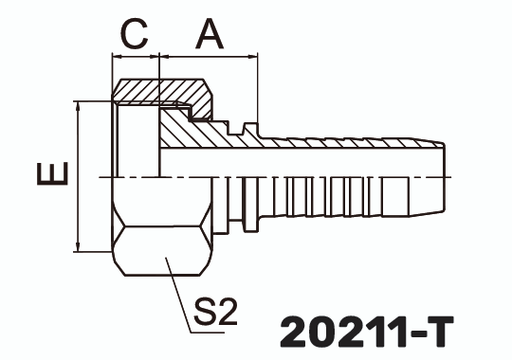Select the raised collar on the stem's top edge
(x=250, y=127)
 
